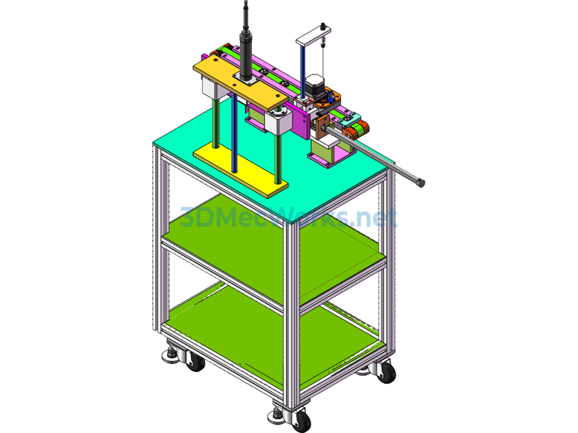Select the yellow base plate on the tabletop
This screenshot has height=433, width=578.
point(240,170)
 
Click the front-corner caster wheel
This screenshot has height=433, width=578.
point(301,421)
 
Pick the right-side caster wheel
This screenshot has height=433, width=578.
point(386,372)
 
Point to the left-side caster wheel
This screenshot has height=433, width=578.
point(195,361)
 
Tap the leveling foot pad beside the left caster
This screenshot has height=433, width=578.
point(170,356)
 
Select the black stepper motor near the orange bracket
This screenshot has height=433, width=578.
point(314,86)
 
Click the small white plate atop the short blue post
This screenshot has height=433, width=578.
point(313,34)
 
